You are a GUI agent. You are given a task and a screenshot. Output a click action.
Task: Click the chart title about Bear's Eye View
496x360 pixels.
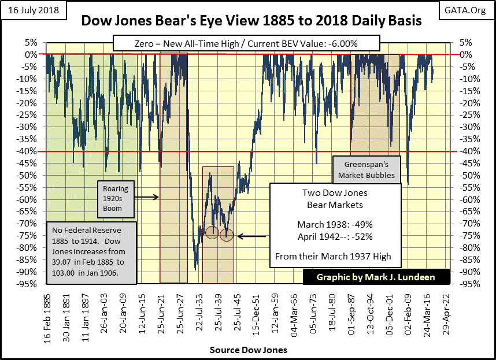point(251,21)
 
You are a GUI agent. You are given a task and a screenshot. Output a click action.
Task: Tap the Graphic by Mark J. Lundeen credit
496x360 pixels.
point(376,277)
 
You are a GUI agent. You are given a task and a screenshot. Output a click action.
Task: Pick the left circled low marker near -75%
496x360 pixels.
point(212,232)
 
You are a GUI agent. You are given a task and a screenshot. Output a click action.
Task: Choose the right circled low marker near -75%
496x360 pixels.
point(226,235)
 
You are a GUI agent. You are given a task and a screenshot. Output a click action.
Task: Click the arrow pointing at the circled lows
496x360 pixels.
point(251,235)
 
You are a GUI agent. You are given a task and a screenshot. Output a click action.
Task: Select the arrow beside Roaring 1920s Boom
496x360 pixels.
point(147,197)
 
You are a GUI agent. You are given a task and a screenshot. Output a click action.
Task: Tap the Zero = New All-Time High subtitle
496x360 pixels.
point(252,43)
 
